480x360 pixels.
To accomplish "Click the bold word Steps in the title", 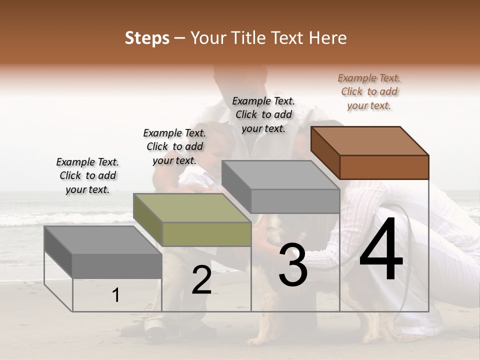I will point(147,38).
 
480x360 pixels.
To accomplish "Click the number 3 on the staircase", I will point(293,264).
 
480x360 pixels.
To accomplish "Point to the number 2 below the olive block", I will point(201,280).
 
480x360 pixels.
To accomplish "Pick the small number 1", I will point(116,295).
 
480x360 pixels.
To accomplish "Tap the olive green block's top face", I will point(192,208).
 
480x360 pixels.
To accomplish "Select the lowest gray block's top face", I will point(103,240).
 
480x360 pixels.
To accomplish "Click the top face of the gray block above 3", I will point(280,175).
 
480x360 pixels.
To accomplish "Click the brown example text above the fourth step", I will point(369,91).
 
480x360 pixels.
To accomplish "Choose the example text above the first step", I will point(87,175).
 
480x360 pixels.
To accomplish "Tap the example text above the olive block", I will point(174,146).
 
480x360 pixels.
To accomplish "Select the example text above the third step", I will point(263,114).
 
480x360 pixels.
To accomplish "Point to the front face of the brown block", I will point(384,167).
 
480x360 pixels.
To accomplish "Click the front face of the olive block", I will point(206,234).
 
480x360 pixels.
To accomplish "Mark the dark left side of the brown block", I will point(325,152).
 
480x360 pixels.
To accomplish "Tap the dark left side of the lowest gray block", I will point(58,251).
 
